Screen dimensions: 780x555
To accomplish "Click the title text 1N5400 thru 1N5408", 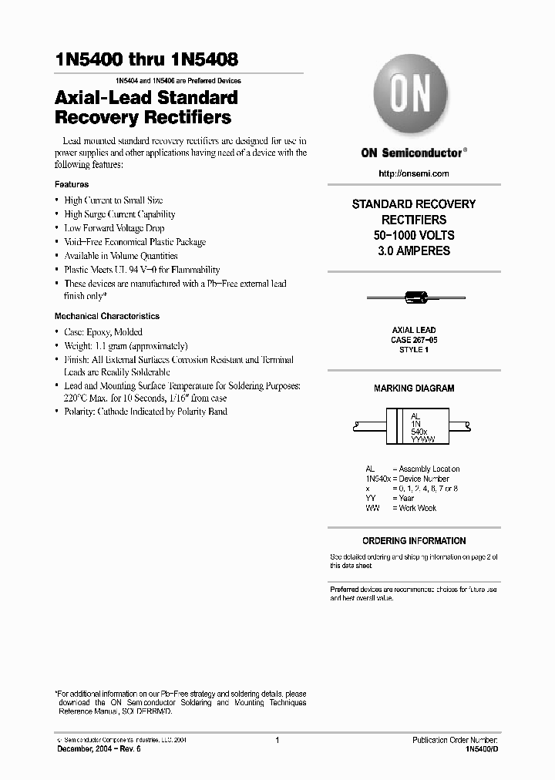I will pyautogui.click(x=146, y=59).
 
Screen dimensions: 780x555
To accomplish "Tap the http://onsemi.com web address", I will pyautogui.click(x=413, y=173).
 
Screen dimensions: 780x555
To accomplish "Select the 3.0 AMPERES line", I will pyautogui.click(x=414, y=251).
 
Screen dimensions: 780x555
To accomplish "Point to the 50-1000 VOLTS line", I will pyautogui.click(x=414, y=235).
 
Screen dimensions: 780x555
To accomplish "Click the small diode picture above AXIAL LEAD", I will pyautogui.click(x=414, y=297).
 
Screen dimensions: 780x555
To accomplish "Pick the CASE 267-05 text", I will pyautogui.click(x=414, y=339).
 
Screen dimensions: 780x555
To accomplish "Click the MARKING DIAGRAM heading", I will pyautogui.click(x=414, y=388).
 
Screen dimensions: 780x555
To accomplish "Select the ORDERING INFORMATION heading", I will pyautogui.click(x=414, y=541).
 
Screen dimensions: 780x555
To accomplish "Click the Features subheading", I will pyautogui.click(x=71, y=185).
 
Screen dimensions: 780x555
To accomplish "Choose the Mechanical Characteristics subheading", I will pyautogui.click(x=106, y=316).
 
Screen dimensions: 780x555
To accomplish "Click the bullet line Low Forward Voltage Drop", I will pyautogui.click(x=114, y=228).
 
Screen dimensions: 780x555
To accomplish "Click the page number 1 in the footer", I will pyautogui.click(x=277, y=740).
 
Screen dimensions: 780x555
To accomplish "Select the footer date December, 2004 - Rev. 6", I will pyautogui.click(x=99, y=749).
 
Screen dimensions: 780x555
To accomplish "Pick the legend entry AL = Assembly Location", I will pyautogui.click(x=412, y=469).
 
